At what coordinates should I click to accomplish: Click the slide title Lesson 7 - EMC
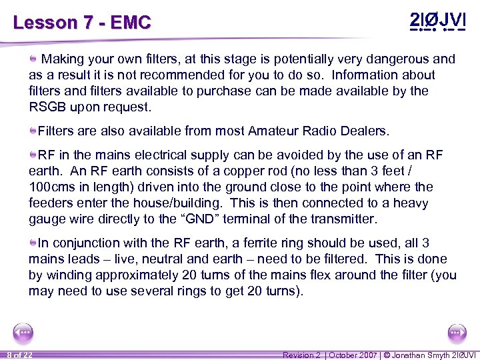point(82,23)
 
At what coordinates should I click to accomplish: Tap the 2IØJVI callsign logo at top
point(437,21)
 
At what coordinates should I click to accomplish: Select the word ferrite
point(241,243)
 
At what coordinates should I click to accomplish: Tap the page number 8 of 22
point(19,355)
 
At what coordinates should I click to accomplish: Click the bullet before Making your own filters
point(33,59)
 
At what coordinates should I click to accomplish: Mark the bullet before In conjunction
point(33,243)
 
